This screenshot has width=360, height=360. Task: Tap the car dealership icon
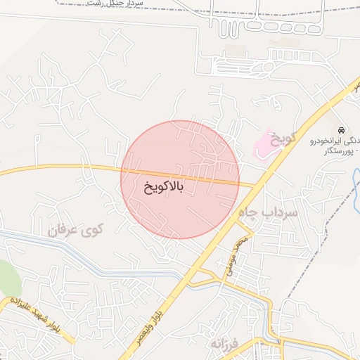(341, 131)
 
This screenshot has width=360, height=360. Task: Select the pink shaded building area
(264, 143)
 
